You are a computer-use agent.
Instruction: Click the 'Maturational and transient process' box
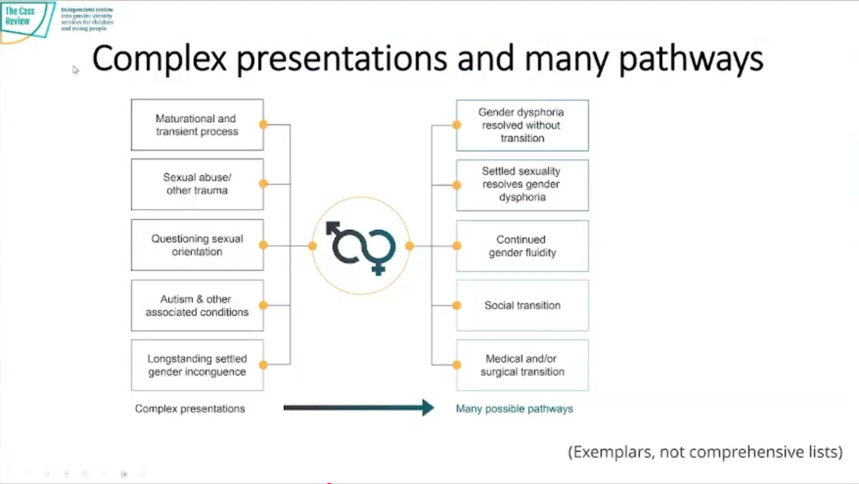[x=197, y=125]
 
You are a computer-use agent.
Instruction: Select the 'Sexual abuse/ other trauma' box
[x=197, y=184]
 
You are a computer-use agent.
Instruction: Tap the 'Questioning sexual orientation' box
[x=197, y=245]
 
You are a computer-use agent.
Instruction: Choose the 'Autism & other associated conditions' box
[x=197, y=305]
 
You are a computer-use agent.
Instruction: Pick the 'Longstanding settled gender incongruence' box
[x=197, y=365]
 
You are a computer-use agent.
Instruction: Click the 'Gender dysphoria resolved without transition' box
[x=522, y=125]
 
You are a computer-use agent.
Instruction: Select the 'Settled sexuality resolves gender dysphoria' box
[x=522, y=185]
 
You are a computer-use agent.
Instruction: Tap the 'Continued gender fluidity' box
[x=522, y=246]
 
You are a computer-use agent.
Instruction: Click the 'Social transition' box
[x=522, y=305]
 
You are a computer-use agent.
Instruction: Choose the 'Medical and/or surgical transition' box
[x=522, y=365]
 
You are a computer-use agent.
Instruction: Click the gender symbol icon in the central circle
[x=361, y=247]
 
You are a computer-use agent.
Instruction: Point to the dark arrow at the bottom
[x=358, y=407]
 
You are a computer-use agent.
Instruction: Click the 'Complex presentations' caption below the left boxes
[x=190, y=408]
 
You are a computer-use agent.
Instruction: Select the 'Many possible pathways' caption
[x=514, y=408]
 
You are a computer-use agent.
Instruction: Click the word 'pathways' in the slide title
[x=691, y=59]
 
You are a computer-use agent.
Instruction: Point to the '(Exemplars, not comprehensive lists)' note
[x=705, y=452]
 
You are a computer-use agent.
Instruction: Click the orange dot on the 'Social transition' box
[x=457, y=305]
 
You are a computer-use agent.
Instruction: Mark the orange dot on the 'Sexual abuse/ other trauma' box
[x=263, y=183]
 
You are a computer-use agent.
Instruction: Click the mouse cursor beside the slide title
[x=75, y=70]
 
